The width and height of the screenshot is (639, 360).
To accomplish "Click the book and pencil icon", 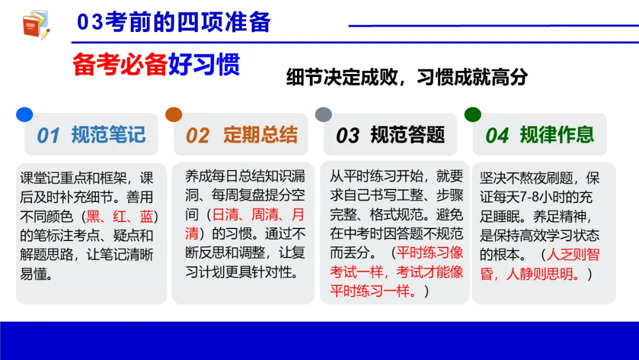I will click(x=35, y=25).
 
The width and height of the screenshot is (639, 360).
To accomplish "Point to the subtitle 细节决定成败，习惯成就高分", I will click(x=406, y=78).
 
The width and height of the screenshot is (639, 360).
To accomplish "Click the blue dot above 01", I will click(x=24, y=114).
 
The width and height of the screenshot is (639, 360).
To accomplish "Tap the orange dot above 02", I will click(x=173, y=114).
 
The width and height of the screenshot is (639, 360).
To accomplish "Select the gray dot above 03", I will click(x=323, y=114).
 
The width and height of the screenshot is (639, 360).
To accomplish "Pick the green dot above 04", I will click(x=472, y=114).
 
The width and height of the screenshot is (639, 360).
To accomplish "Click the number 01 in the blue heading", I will click(x=49, y=136).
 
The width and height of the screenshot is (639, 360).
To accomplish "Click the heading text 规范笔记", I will click(x=108, y=135).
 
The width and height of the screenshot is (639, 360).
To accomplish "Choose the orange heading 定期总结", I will click(x=260, y=135).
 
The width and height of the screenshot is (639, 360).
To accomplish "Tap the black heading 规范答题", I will click(x=408, y=135).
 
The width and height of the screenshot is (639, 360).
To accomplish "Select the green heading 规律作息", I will click(x=557, y=135).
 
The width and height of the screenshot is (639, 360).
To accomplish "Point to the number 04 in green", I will click(x=497, y=136).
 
